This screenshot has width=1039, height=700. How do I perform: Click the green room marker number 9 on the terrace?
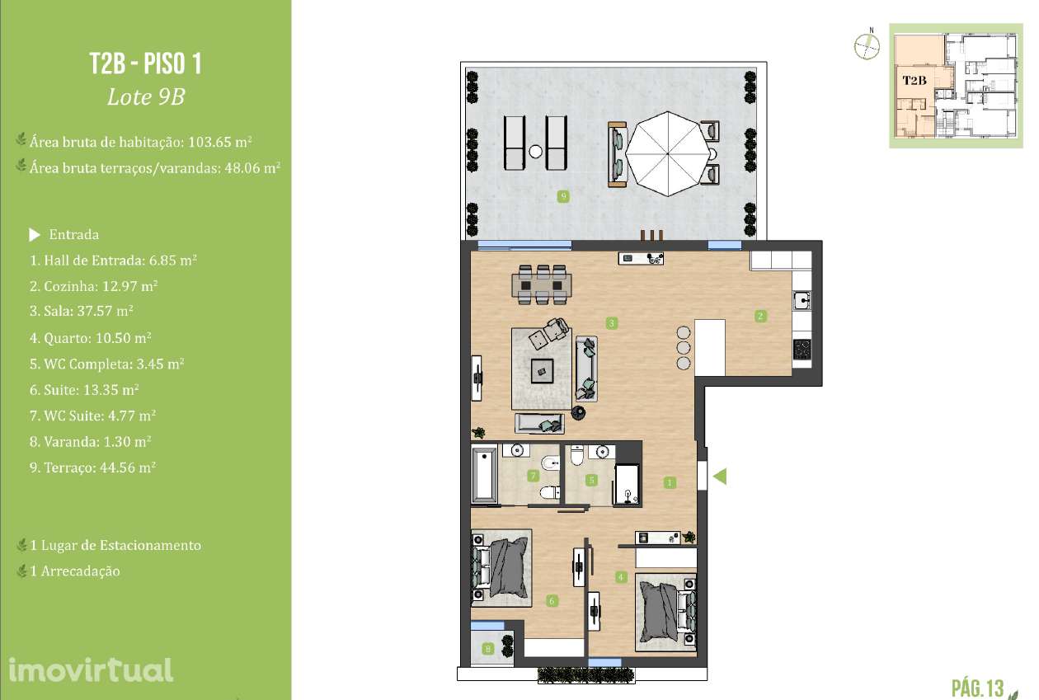pos(563,196)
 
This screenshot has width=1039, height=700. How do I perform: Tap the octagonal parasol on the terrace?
pos(665,153)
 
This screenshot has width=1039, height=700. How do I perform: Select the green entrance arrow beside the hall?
pos(719,476)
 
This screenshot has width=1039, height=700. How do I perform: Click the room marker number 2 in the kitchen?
pos(760,315)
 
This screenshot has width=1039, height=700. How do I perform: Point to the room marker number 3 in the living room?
pos(612,322)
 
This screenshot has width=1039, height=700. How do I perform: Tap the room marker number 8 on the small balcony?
pos(489,650)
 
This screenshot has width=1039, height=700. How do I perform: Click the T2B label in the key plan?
pos(914,80)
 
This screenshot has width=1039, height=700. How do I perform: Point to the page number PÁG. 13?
pos(978,687)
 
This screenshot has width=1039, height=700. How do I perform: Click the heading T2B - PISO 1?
pos(145,64)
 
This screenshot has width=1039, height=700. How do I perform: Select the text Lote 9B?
pos(145,97)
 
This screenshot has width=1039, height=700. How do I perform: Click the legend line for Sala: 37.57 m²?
pos(82,312)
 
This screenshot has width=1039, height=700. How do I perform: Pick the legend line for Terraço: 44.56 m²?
pos(92,467)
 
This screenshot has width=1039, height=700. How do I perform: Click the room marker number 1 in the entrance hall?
pos(670,482)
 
